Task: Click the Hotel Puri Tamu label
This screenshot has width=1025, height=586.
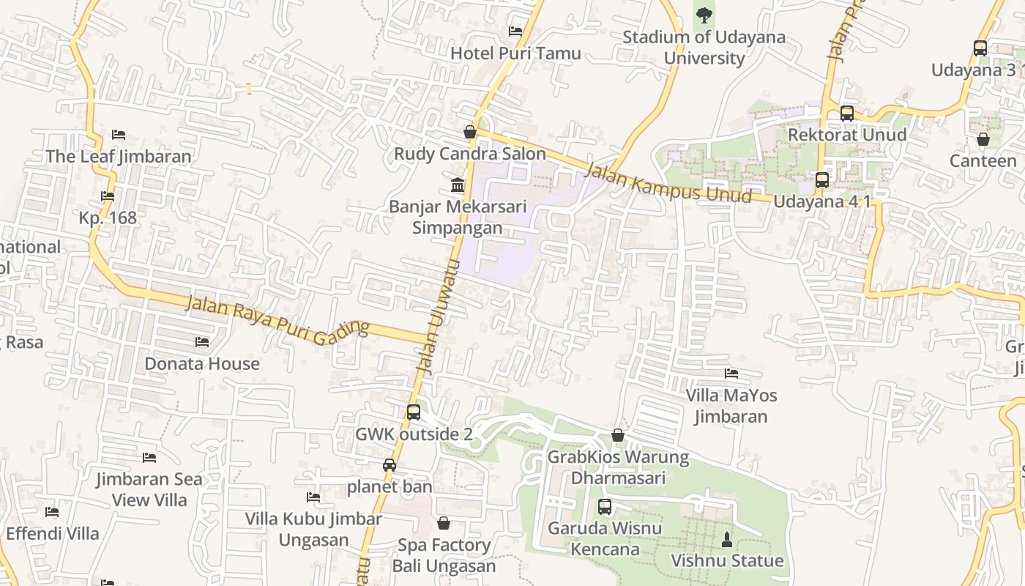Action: tap(515, 53)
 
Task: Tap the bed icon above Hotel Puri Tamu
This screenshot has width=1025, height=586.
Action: tap(515, 31)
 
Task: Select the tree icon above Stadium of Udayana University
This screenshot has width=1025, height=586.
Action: tap(704, 15)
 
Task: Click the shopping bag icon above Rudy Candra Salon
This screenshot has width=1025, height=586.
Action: tap(470, 132)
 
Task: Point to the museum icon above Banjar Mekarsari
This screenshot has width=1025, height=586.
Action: tap(458, 184)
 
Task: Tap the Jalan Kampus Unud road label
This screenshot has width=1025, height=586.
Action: tap(668, 183)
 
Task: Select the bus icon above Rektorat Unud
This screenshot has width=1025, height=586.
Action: tap(847, 114)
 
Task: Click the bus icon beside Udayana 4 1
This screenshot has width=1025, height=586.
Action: tap(822, 180)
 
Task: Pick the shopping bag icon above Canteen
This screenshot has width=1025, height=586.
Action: tap(983, 139)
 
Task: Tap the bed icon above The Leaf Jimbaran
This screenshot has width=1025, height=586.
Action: tap(119, 135)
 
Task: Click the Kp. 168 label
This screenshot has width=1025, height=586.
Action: tap(108, 218)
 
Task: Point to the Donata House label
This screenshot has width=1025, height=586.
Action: tap(202, 363)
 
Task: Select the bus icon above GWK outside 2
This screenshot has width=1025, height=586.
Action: tap(414, 412)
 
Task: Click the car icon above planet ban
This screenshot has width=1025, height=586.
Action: tap(389, 465)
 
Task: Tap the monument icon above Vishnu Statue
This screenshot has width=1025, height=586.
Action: tap(727, 540)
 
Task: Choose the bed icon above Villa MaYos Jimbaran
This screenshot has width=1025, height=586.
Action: tap(731, 374)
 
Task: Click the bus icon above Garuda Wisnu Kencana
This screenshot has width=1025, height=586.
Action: tap(605, 506)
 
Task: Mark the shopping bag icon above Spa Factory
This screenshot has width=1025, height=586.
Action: tap(444, 523)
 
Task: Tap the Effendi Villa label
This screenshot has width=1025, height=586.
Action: tap(53, 533)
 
